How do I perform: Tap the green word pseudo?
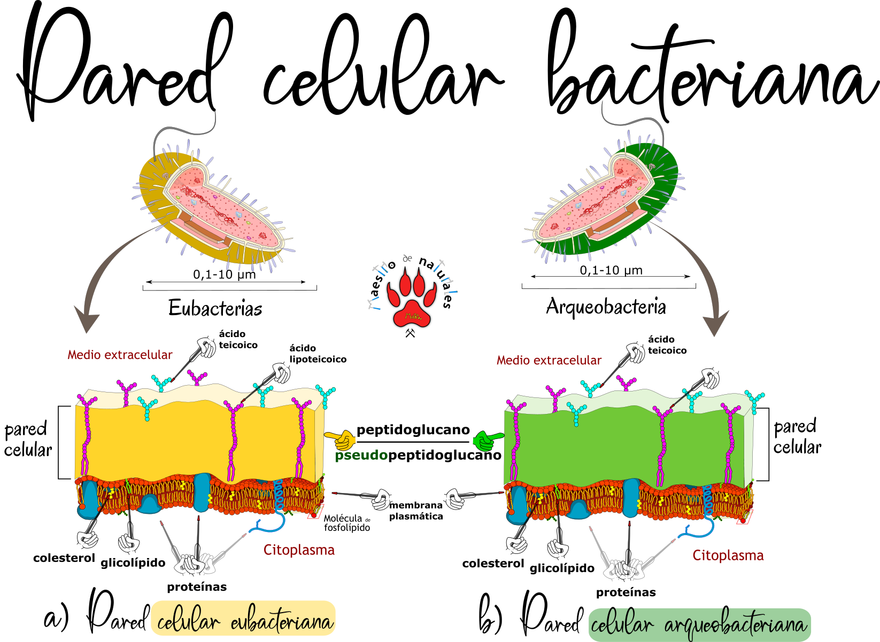[361, 455]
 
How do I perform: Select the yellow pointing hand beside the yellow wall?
[341, 440]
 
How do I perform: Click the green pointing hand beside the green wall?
[486, 441]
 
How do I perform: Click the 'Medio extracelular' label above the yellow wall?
[120, 355]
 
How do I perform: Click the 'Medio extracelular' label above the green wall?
[549, 361]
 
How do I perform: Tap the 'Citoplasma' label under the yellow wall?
[299, 550]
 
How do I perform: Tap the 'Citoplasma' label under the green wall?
[728, 555]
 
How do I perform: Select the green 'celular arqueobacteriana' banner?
[699, 624]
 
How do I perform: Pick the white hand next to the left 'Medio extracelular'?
[204, 348]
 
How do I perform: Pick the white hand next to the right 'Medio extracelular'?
[633, 354]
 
